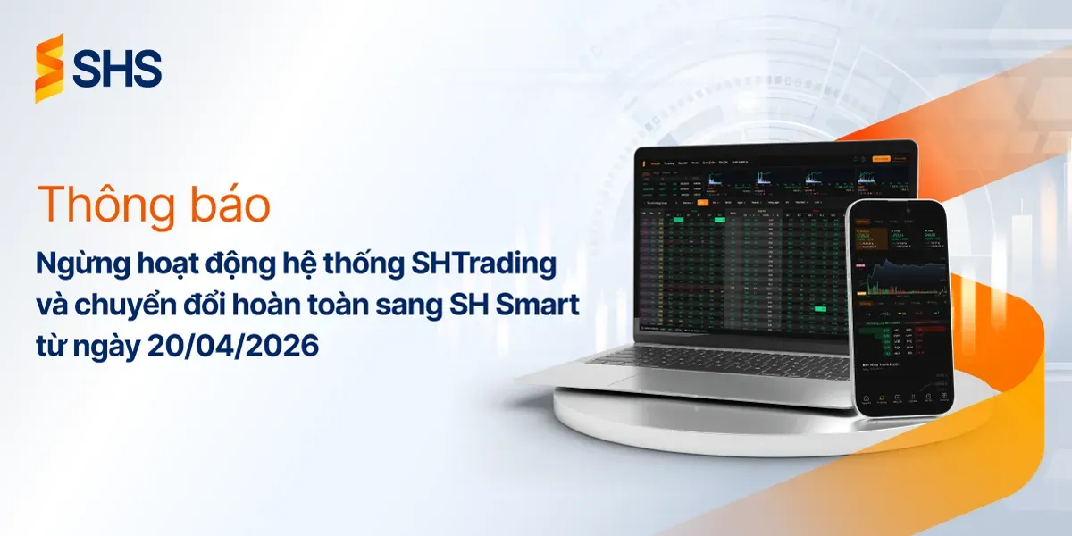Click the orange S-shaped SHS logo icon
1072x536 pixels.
[49, 68]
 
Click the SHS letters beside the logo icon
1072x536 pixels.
[117, 69]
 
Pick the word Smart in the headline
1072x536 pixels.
[538, 306]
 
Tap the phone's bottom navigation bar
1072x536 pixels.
[900, 399]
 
